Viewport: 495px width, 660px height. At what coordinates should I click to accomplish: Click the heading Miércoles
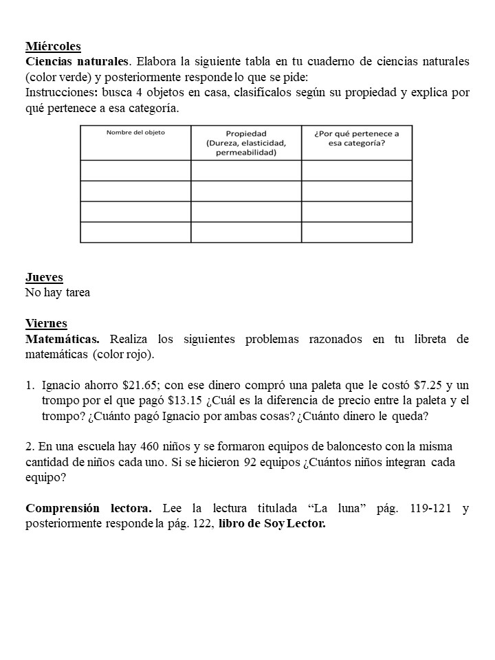[x=53, y=47]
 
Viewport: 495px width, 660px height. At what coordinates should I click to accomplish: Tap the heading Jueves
[x=44, y=277]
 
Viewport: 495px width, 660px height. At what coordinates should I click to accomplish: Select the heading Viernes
[x=46, y=323]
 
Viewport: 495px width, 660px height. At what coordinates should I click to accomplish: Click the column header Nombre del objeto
[x=135, y=133]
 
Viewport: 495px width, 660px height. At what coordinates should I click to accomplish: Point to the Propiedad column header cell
[x=246, y=143]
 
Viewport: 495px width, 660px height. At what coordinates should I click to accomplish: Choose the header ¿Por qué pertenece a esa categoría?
[x=356, y=138]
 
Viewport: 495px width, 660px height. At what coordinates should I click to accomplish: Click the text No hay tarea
[x=58, y=292]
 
